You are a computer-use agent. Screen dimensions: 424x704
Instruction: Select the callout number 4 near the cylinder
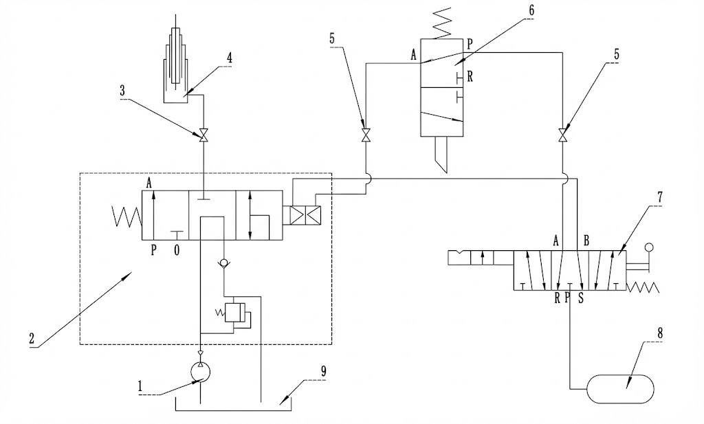pos(229,58)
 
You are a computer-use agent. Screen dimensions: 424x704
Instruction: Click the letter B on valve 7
pos(586,241)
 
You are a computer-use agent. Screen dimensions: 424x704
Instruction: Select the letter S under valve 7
pos(580,298)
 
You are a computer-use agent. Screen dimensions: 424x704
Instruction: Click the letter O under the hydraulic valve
pos(177,251)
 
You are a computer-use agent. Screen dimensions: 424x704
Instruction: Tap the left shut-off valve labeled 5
pos(366,135)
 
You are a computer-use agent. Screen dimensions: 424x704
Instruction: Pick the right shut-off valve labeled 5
pos(563,135)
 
